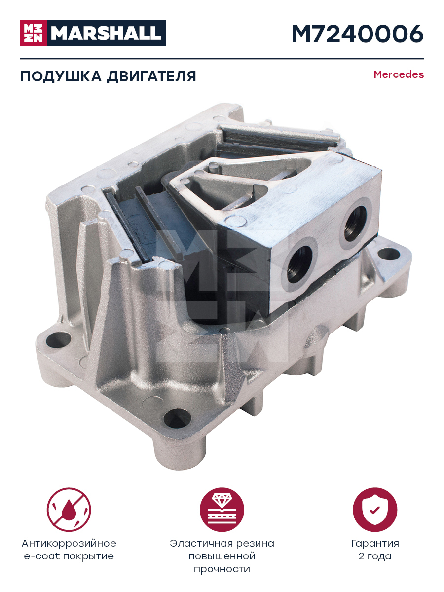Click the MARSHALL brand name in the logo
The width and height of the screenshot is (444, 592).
106,33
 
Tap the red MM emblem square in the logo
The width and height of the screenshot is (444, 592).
34,33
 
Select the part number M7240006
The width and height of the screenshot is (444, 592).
358,34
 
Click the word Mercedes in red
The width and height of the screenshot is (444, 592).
399,74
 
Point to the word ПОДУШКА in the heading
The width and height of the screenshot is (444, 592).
61,77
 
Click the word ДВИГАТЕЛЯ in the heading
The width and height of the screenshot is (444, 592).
151,77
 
